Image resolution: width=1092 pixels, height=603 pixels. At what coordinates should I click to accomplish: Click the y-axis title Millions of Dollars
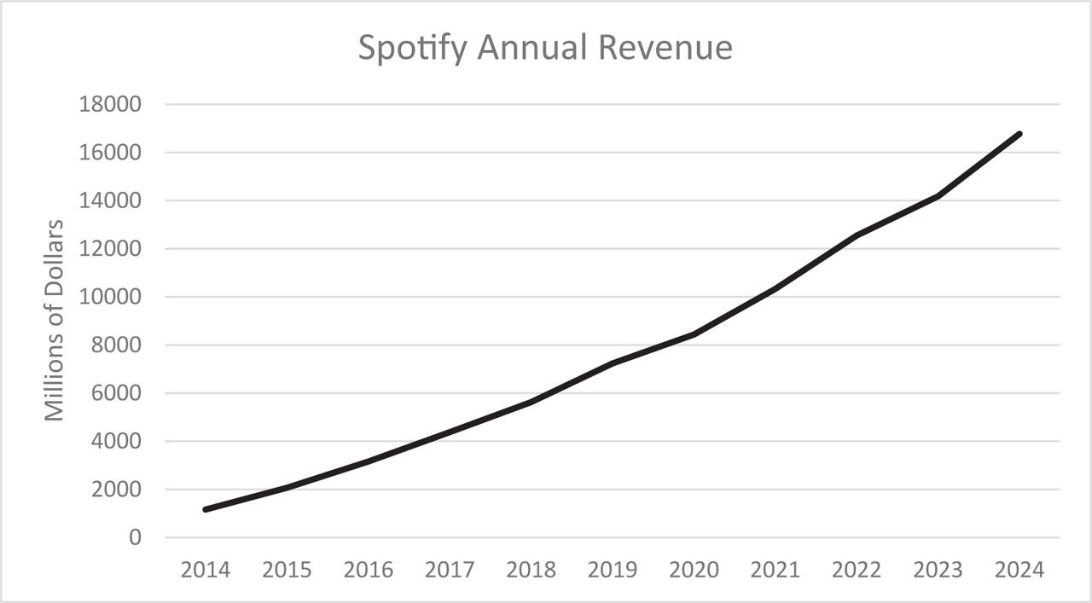55,321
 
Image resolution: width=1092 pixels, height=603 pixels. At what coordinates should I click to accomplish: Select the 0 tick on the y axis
133,538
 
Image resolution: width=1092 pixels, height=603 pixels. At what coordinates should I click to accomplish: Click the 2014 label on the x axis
206,570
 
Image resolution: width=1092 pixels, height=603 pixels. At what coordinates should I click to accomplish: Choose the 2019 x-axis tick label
613,570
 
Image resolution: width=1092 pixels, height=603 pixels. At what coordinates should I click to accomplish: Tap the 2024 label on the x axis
1019,570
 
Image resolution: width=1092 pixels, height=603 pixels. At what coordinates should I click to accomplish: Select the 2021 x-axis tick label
775,570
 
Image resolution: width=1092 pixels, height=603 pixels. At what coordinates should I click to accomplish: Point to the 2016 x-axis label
369,570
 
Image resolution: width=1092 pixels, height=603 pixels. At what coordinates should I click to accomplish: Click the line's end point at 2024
1019,134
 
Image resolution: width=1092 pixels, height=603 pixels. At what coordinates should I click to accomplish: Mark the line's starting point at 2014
206,509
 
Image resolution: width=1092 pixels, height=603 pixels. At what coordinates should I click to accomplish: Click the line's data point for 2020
694,334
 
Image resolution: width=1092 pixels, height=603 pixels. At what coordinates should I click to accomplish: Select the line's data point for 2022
856,235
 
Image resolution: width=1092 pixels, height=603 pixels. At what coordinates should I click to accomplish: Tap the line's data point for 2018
531,402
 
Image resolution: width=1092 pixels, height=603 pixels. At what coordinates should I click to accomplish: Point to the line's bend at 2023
938,196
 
